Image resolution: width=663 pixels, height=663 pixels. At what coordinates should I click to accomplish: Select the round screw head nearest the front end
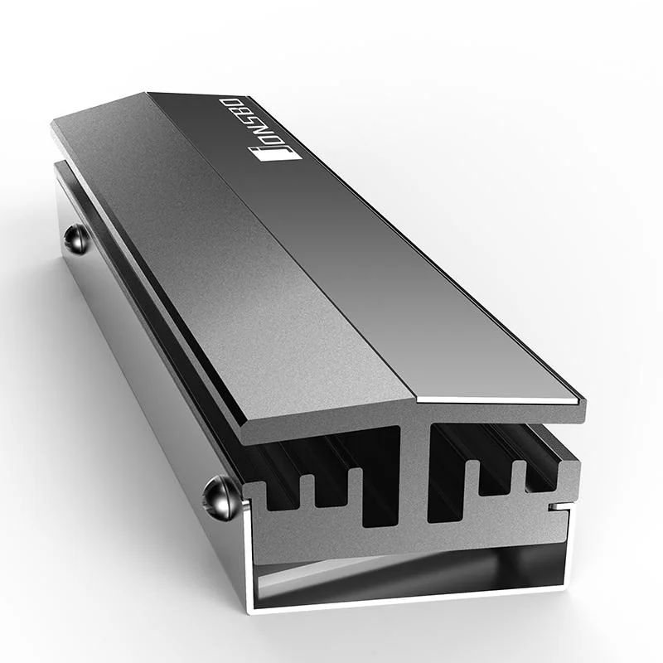coord(216,497)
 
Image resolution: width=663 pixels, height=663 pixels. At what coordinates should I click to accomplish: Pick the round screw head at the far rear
coord(75,238)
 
